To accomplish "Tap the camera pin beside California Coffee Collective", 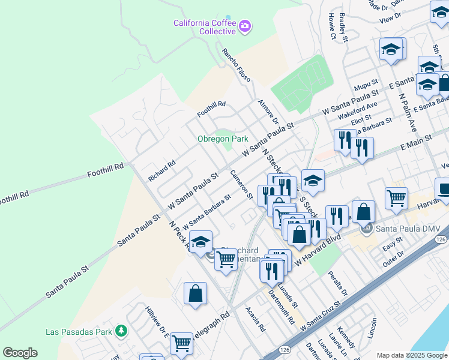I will [245, 26].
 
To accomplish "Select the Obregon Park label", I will [223, 139].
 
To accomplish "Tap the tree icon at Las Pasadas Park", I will [121, 331].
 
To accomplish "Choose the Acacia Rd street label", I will [255, 319].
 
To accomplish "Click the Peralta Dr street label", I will [337, 283].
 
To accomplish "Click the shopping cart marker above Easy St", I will [396, 198].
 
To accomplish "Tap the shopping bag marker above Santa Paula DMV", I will [363, 212].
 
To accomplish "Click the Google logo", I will [20, 353].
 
